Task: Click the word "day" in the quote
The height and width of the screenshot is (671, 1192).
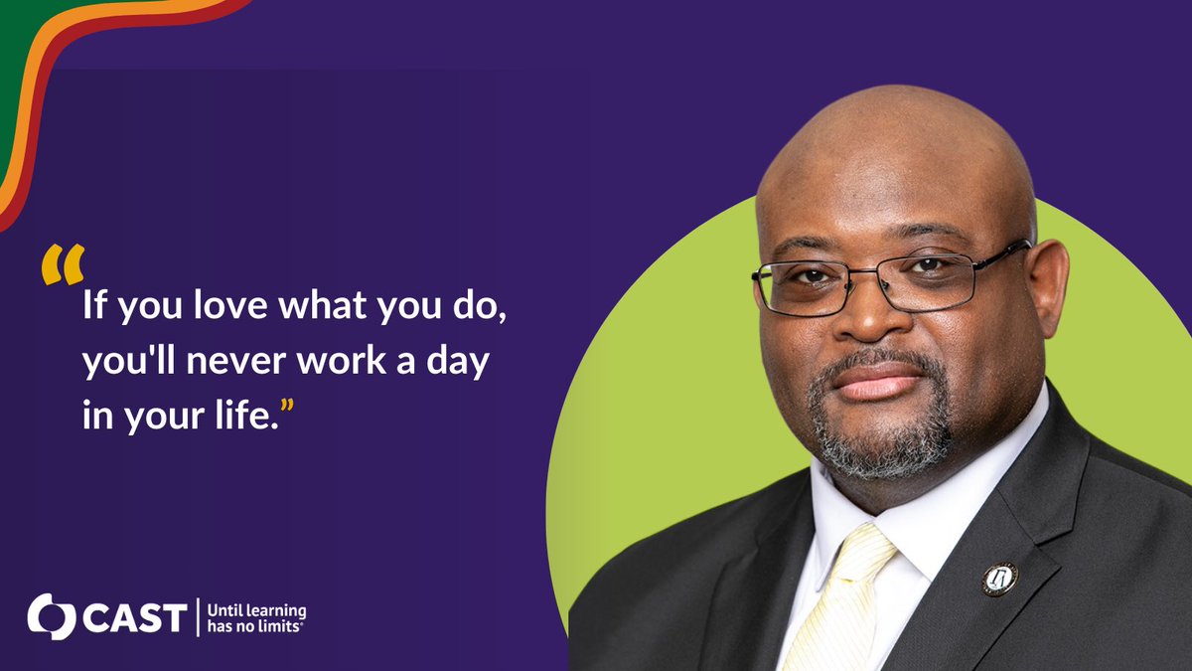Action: coord(461,362)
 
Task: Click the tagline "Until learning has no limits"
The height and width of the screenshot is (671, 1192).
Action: coord(255,617)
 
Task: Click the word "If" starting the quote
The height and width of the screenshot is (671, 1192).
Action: coord(92,304)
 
